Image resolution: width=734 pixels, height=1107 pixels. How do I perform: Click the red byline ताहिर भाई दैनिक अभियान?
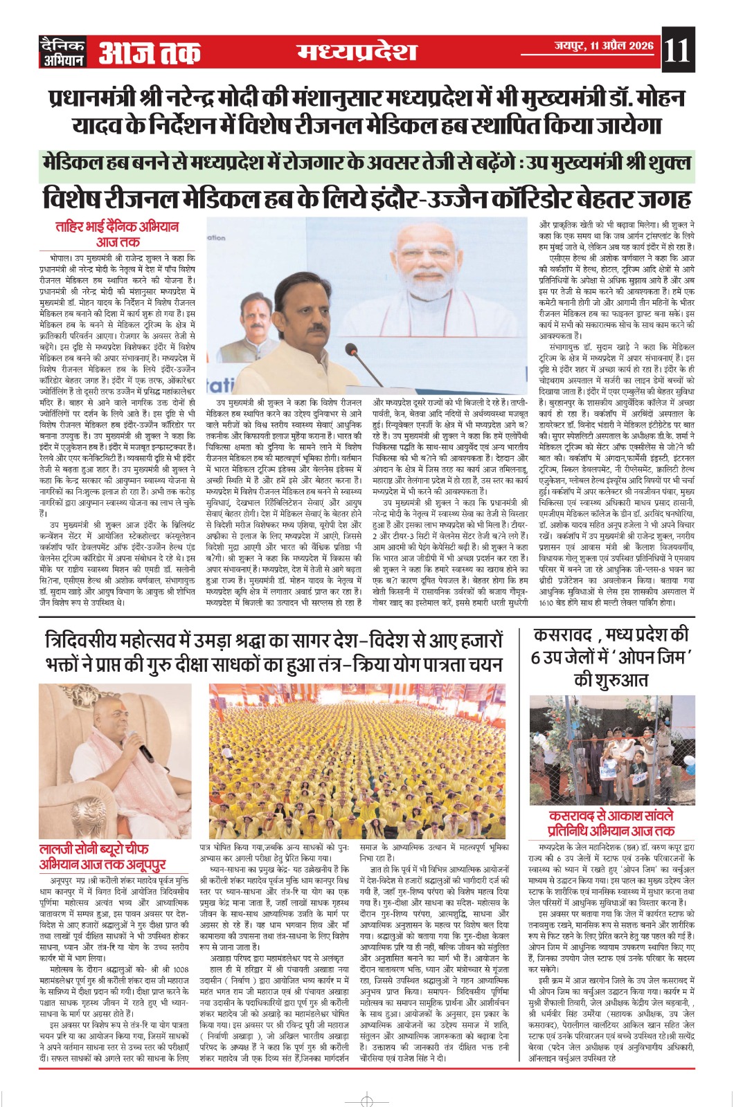118,227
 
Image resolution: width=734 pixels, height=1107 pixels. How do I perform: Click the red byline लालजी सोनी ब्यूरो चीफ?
93,850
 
